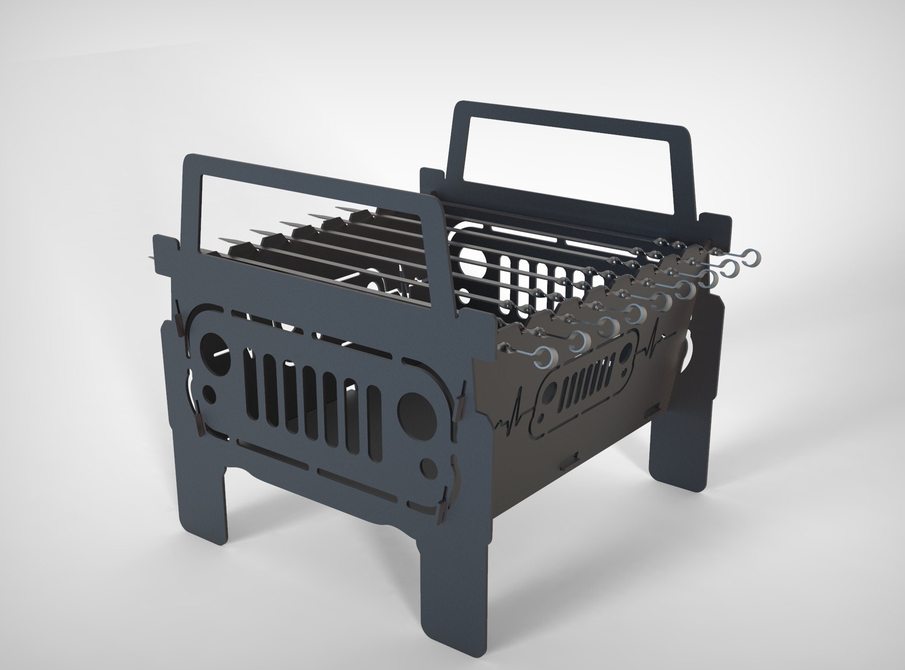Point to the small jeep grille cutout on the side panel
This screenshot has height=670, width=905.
point(586,367)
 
